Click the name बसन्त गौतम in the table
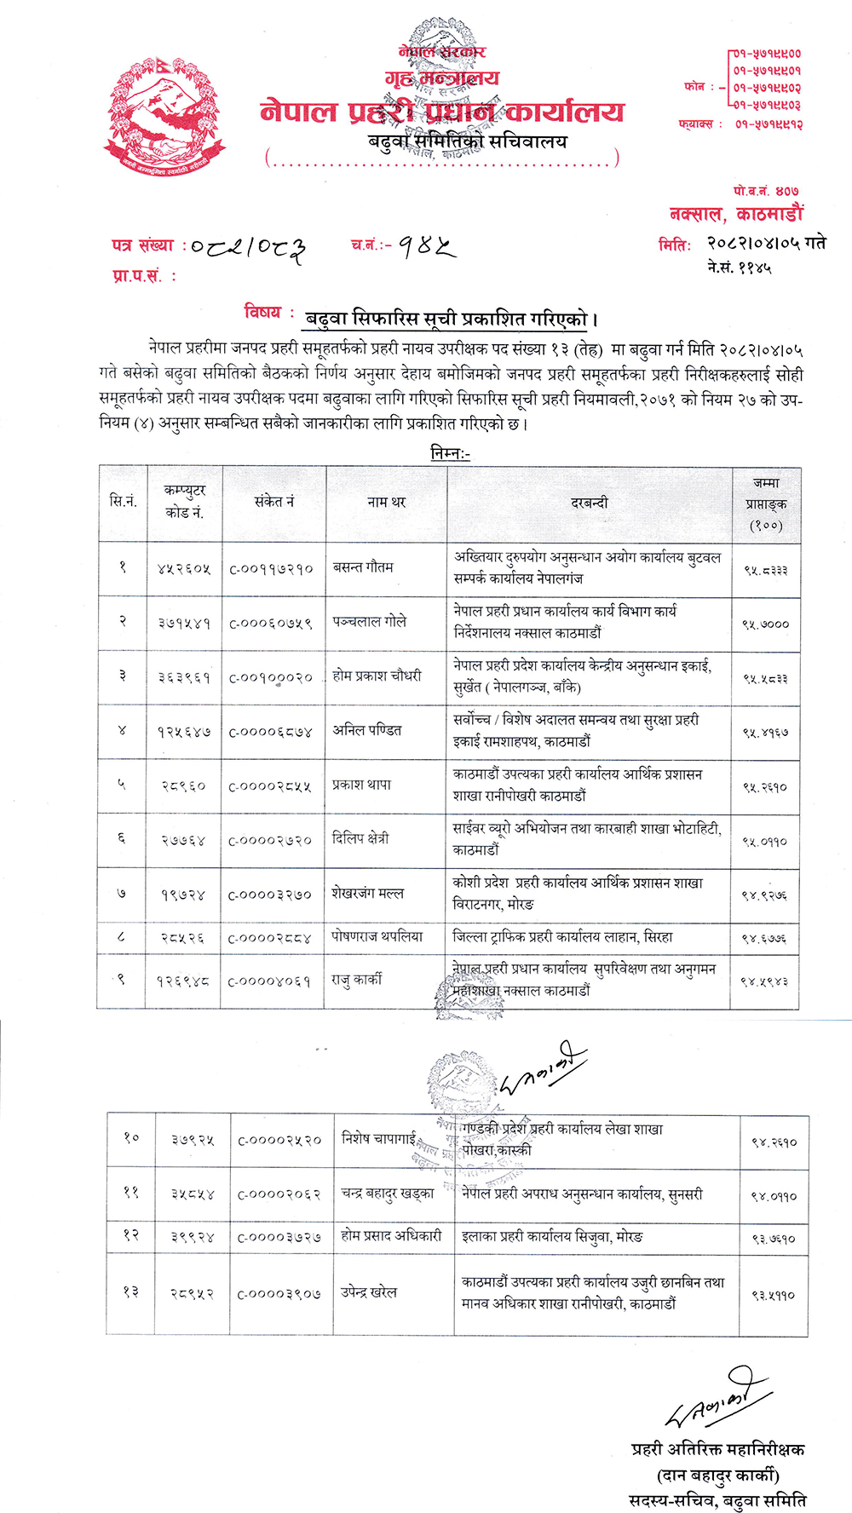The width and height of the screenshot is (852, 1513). (x=363, y=567)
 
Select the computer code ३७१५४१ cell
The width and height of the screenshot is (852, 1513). (x=184, y=624)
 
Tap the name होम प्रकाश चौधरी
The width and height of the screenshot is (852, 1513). (x=377, y=676)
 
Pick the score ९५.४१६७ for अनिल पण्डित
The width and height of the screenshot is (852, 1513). (x=765, y=732)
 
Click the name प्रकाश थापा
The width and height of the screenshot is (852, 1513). (x=361, y=785)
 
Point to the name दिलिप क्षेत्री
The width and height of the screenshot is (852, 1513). (x=360, y=838)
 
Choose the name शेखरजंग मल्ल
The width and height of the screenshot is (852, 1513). (x=367, y=894)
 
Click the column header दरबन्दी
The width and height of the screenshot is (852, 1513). (x=589, y=503)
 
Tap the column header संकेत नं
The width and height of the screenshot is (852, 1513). (x=273, y=502)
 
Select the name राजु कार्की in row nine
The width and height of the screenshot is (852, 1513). (x=356, y=981)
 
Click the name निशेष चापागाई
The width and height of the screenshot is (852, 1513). (x=378, y=1138)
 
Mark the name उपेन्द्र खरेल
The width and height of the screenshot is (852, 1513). (x=368, y=1292)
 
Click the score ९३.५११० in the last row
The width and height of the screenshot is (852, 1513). (x=773, y=1295)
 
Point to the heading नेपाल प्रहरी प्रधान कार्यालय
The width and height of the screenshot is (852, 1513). (x=442, y=112)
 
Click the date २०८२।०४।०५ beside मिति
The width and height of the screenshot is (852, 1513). (x=754, y=244)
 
